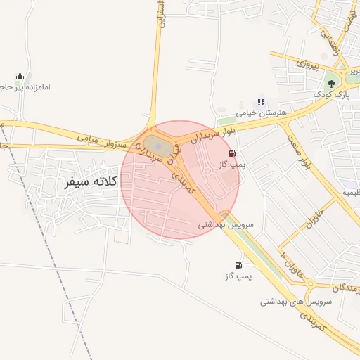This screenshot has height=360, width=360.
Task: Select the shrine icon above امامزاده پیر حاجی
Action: (20, 76)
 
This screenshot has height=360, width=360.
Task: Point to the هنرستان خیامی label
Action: (257, 112)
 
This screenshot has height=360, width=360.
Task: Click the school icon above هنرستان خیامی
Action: (262, 101)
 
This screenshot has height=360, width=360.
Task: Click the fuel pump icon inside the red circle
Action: (232, 153)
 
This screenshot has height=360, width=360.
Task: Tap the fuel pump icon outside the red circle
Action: (239, 265)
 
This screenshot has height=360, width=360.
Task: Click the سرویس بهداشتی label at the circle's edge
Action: (225, 225)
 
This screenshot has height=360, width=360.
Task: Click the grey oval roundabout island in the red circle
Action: (160, 148)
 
